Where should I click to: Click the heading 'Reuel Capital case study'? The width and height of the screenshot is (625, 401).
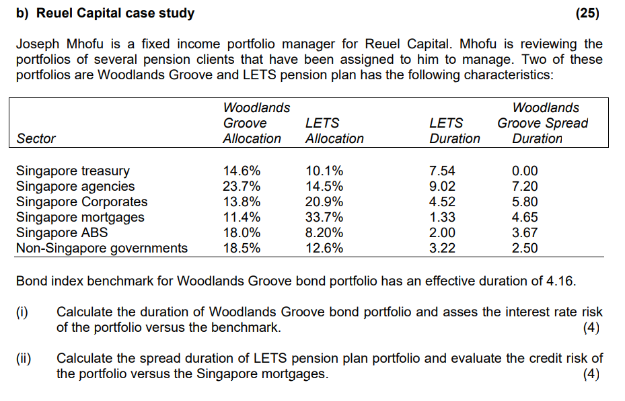[114, 13]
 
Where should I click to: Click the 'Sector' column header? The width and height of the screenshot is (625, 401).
[36, 138]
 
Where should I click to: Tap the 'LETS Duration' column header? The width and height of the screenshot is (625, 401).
[455, 131]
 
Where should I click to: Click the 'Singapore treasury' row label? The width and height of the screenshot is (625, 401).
[73, 171]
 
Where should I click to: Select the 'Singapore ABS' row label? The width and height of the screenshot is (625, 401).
[62, 232]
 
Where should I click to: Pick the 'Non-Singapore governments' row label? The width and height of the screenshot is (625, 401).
[102, 248]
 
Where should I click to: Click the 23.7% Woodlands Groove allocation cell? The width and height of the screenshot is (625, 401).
[242, 186]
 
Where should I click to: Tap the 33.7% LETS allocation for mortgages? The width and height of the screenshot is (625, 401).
[324, 217]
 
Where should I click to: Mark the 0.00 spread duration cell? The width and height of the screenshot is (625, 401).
[525, 171]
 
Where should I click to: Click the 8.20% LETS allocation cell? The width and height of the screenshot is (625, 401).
[324, 232]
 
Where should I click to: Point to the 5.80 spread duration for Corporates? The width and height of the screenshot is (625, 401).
[525, 202]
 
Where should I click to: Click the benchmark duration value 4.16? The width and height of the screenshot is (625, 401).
[562, 281]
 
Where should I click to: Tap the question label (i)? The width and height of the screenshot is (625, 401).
[23, 312]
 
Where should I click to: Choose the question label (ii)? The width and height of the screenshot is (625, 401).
[24, 358]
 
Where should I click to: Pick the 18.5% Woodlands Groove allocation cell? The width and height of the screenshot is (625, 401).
[242, 248]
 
